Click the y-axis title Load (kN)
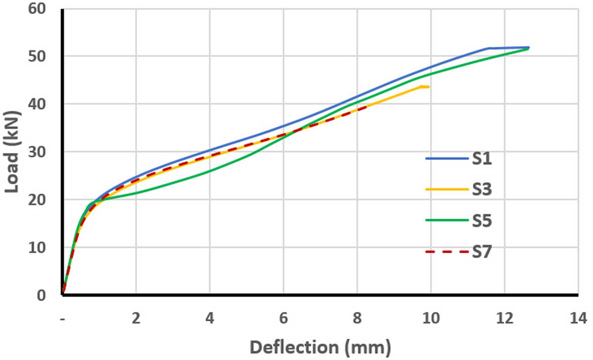click(13, 153)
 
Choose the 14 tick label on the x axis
click(578, 317)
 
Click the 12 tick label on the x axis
click(504, 317)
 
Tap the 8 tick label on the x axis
click(357, 317)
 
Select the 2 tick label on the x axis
click(136, 317)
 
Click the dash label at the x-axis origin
click(63, 317)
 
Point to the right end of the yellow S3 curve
click(428, 87)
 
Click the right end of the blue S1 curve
click(529, 47)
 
